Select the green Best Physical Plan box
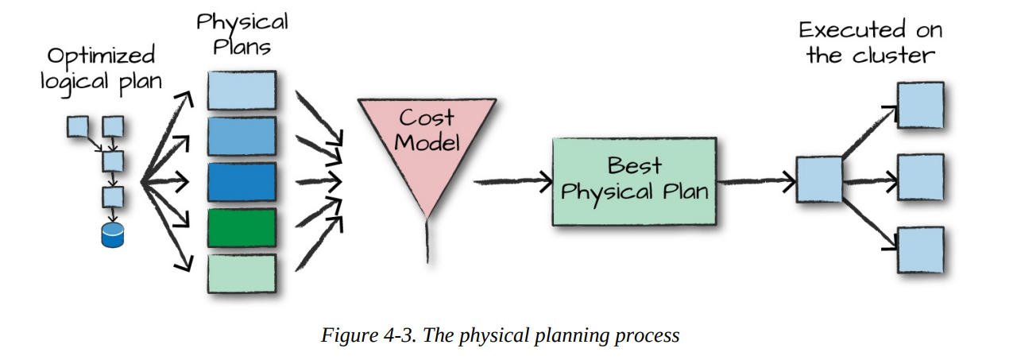(631, 180)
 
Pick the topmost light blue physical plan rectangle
(242, 89)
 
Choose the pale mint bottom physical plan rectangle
(242, 273)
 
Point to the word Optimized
(101, 56)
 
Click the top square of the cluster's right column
(920, 105)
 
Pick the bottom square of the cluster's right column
(920, 250)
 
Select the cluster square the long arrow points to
(819, 180)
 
